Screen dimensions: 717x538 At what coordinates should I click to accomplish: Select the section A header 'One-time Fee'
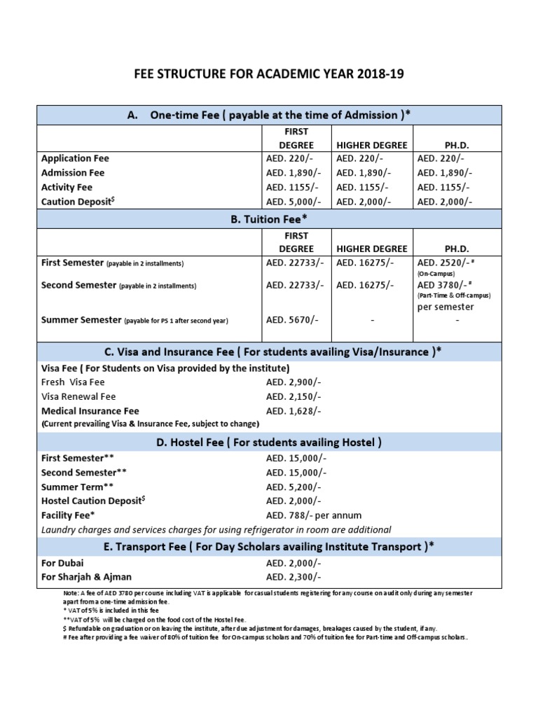[269, 115]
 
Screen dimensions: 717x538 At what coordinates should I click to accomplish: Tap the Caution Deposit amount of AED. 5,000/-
[294, 202]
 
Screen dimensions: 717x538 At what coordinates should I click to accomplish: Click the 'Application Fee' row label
[76, 158]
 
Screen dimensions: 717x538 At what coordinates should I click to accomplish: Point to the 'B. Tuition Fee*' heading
[269, 220]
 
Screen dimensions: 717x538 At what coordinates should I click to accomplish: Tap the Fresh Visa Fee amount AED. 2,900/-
[294, 382]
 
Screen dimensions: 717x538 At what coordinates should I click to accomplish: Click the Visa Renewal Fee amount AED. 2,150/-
[294, 397]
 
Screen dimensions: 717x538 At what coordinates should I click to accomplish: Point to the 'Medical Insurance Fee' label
[90, 411]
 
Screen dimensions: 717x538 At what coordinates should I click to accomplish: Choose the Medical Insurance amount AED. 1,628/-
[294, 411]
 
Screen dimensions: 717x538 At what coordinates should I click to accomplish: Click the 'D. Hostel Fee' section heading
[269, 443]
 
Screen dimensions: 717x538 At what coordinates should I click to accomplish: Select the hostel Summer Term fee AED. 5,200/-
[294, 487]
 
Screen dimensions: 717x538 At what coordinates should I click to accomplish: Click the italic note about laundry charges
[216, 529]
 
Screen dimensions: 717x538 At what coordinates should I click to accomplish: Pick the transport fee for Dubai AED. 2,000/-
[294, 563]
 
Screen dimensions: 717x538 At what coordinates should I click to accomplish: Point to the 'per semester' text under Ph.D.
[446, 307]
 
